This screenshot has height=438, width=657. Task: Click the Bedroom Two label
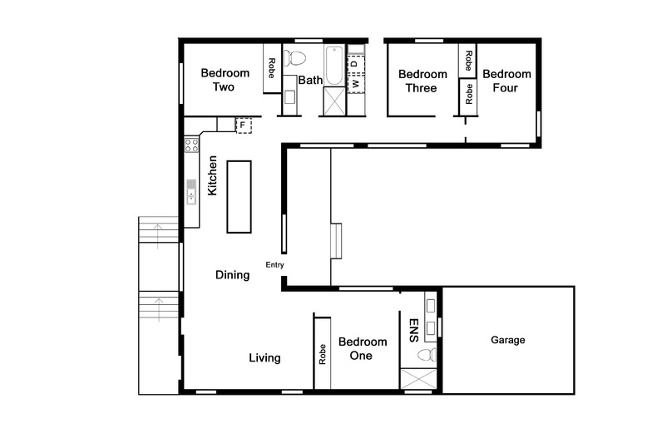(x=217, y=80)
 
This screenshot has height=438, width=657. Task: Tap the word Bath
(x=310, y=81)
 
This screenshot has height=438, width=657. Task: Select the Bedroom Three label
(x=422, y=81)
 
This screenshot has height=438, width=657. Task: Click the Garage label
(x=507, y=340)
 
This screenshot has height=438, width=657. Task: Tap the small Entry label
(x=274, y=265)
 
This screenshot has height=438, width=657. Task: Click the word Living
(x=265, y=358)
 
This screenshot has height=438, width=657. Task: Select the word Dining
(x=232, y=275)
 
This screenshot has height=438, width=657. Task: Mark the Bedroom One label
(x=362, y=349)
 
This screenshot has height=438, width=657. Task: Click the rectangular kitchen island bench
(x=239, y=197)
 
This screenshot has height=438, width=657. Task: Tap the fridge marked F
(x=244, y=125)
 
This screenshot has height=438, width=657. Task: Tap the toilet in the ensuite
(x=425, y=355)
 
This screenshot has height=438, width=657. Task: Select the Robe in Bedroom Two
(x=271, y=74)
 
